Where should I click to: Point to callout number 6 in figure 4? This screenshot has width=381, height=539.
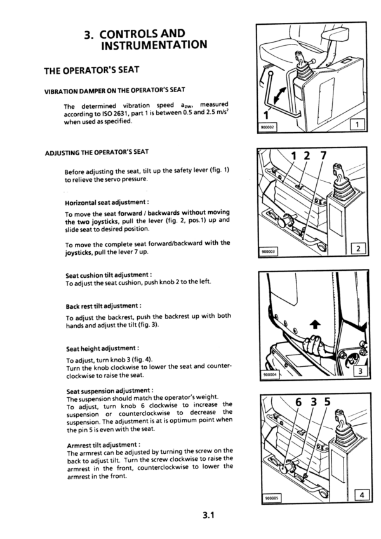[298, 404]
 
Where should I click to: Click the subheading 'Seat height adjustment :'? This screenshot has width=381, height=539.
[102, 348]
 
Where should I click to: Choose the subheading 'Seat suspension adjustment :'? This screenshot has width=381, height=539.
[109, 390]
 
